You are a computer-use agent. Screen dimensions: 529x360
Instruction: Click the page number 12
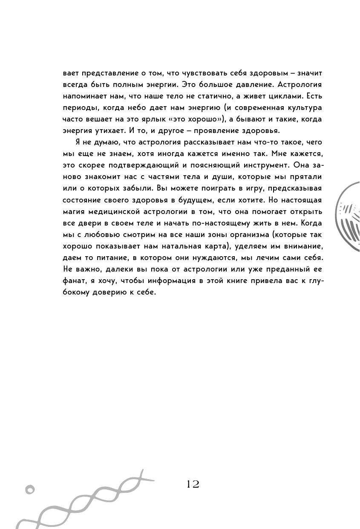pyautogui.click(x=193, y=484)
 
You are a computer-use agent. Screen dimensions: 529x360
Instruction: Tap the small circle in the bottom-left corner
pyautogui.click(x=29, y=489)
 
